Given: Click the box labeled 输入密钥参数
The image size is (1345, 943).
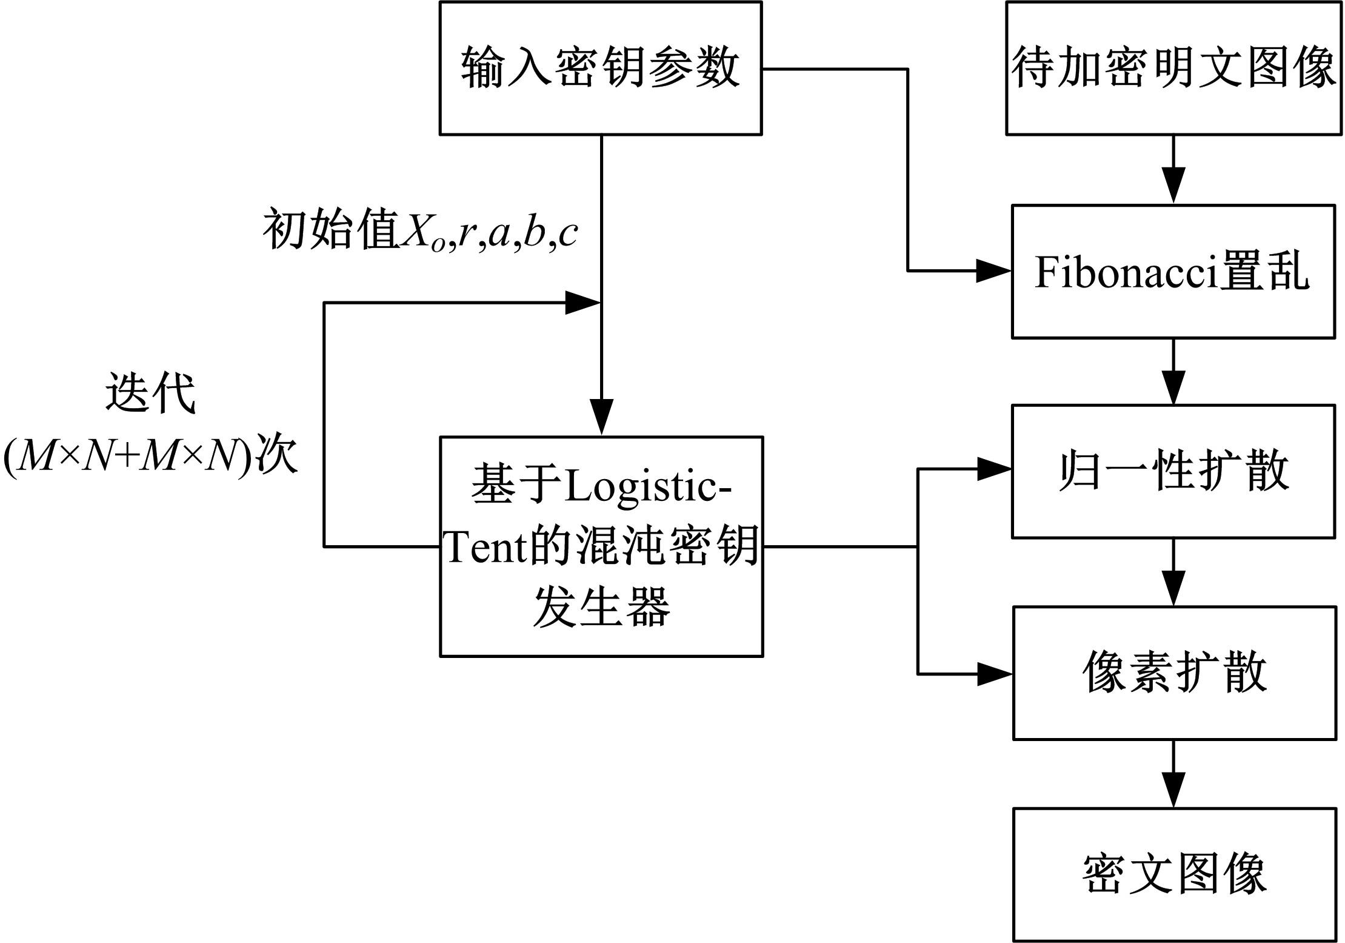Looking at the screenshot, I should click(600, 68).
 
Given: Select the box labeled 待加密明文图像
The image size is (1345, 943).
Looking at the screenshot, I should click(1173, 68).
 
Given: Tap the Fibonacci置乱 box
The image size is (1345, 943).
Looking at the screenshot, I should click(1173, 271).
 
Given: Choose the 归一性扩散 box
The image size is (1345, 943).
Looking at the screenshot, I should click(1173, 471).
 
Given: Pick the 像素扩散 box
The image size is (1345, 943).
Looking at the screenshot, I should click(1174, 673).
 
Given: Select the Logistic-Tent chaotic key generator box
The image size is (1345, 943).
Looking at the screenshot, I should click(601, 546).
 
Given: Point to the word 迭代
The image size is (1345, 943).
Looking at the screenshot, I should click(150, 392).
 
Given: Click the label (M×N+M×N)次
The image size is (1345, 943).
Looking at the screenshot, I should click(150, 455).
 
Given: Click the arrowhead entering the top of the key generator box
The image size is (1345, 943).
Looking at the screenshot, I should click(601, 417).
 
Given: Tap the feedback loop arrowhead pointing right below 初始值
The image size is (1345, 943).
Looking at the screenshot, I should click(582, 303).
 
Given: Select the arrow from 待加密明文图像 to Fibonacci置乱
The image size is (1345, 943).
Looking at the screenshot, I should click(1173, 170).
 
